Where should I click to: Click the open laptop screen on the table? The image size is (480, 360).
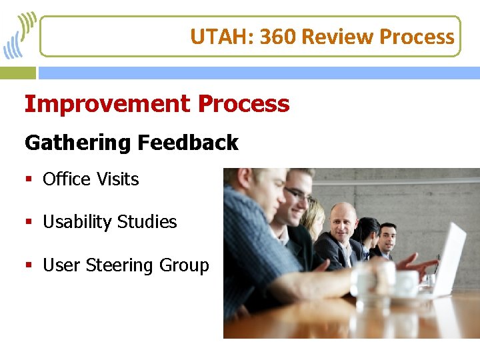[449, 257]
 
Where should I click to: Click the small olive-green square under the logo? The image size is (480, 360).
[18, 72]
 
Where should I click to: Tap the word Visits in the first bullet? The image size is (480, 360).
[117, 179]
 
